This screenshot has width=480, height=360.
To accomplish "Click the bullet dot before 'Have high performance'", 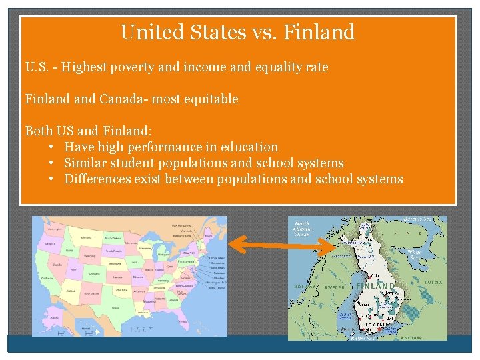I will pyautogui.click(x=51, y=147).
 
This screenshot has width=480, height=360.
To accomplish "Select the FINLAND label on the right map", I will pyautogui.click(x=375, y=285).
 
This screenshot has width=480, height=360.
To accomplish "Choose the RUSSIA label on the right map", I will pyautogui.click(x=433, y=283).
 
